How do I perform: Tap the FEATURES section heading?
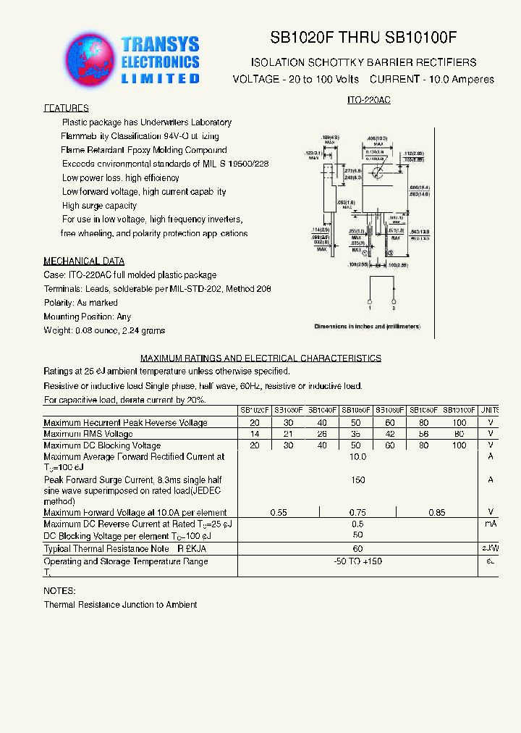coord(66,108)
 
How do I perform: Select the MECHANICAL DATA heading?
coord(84,261)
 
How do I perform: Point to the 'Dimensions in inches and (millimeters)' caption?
coord(367,327)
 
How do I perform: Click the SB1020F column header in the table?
coord(255,410)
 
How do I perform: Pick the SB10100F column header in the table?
coord(459,410)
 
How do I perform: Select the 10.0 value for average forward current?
coord(357,457)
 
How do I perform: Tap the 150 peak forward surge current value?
coord(357,480)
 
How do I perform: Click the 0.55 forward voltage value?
coord(279,513)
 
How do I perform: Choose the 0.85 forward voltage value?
coord(436,513)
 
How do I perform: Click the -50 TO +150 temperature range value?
coord(357,562)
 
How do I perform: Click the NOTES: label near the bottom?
coord(59,591)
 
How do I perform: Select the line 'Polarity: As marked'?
coord(80,303)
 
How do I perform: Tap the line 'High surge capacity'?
coord(99,206)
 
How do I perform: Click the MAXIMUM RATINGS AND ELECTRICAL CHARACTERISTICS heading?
coord(260,358)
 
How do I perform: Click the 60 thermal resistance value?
coord(357,549)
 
